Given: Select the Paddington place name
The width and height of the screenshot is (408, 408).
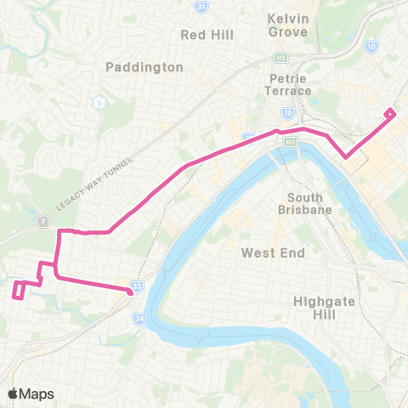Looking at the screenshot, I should tap(144, 66).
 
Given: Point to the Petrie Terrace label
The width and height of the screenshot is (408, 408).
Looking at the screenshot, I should tap(284, 83).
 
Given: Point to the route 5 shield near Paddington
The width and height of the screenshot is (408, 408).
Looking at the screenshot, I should tap(98, 102).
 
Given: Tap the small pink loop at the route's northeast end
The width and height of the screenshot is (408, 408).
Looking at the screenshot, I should tap(389, 113).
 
